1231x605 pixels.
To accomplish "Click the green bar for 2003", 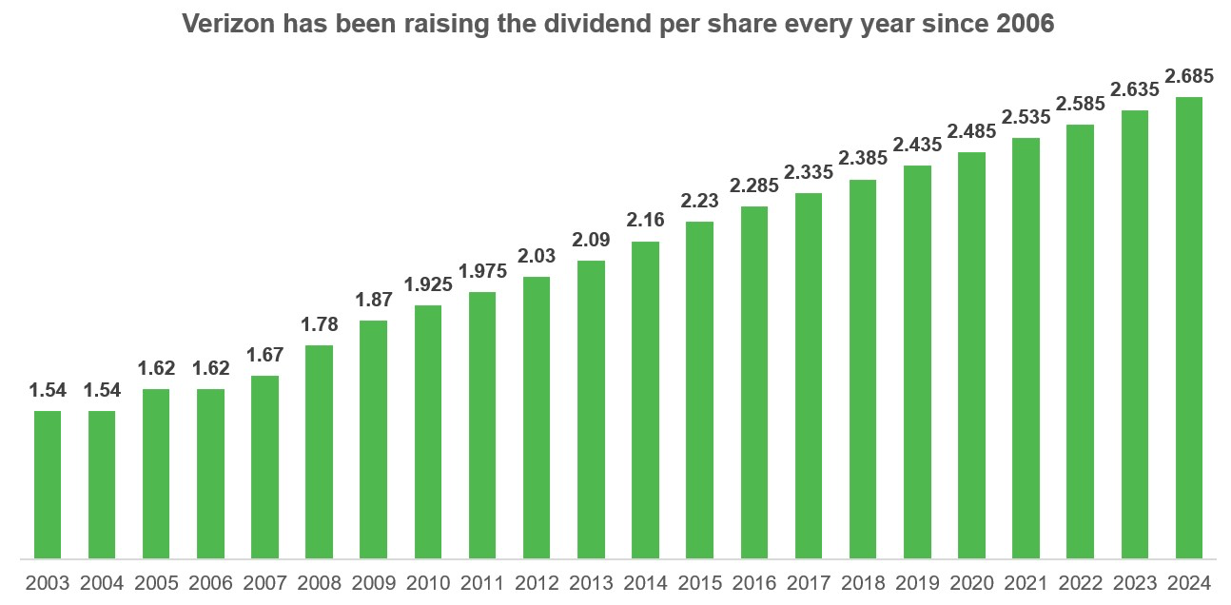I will point(48,484).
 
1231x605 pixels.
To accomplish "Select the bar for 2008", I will point(320,451).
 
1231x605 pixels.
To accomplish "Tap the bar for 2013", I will point(591,409).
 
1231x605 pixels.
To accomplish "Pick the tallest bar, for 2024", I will point(1189,327).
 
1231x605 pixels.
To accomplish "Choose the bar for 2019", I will point(917,361).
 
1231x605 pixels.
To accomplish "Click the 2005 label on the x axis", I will point(156,583).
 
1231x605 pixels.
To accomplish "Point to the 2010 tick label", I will point(428,583).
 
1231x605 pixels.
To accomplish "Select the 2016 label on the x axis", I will point(754,583).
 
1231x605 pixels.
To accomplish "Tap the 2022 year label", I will point(1081,583).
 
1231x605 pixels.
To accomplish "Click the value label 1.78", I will point(320,325).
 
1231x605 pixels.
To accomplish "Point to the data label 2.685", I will point(1189,77).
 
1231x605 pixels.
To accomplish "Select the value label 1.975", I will point(482,272).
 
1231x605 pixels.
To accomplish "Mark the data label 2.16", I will point(645,221).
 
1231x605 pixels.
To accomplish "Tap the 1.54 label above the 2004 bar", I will point(102,391).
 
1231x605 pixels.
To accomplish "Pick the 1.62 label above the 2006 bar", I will point(210,369).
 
